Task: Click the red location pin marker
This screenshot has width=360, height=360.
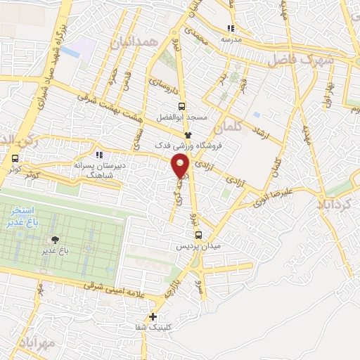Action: pos(181,164)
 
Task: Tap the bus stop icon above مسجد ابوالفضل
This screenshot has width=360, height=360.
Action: pos(182,106)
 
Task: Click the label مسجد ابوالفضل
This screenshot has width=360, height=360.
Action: pos(182,117)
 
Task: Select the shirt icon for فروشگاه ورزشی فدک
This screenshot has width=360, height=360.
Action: pos(188,134)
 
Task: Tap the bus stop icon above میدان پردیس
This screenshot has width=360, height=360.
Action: pos(198,236)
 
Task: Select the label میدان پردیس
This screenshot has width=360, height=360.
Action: pos(198,247)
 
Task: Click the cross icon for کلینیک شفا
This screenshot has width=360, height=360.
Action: pos(153,316)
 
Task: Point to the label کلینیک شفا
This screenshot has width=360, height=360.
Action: pos(153,328)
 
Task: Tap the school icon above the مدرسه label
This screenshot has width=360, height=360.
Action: pos(231,29)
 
